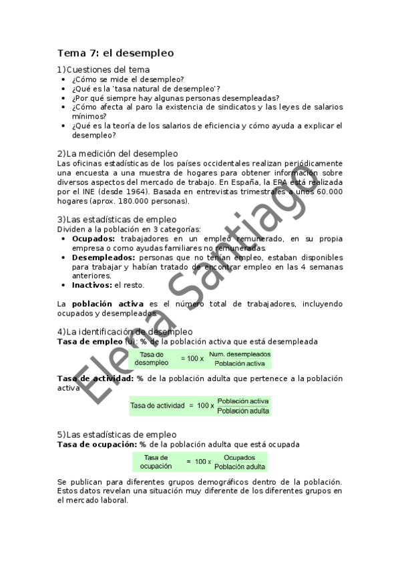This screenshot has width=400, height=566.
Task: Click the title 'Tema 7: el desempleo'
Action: click(116, 53)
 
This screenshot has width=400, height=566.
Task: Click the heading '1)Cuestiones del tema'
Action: click(104, 69)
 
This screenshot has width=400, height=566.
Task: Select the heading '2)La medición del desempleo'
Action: click(118, 154)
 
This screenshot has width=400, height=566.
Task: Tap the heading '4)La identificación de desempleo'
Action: click(125, 331)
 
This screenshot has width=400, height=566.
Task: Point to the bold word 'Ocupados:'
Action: click(93, 238)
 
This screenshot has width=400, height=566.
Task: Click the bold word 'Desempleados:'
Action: click(104, 257)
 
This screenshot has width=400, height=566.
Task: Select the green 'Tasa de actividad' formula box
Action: click(200, 405)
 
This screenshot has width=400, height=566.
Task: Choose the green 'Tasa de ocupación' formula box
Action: click(199, 462)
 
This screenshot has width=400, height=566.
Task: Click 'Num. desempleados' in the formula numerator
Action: click(240, 354)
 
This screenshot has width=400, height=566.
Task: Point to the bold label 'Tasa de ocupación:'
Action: click(97, 443)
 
